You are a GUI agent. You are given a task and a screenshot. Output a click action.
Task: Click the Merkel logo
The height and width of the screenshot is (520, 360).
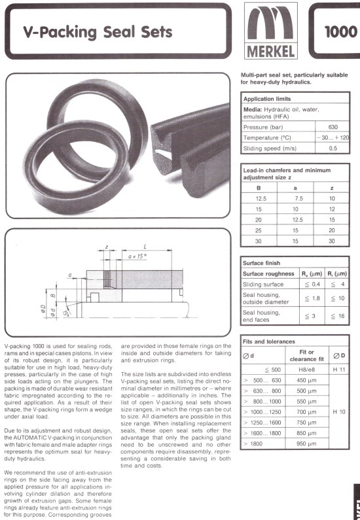tap(271, 31)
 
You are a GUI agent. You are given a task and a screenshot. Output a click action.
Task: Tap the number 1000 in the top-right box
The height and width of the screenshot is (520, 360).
tap(341, 32)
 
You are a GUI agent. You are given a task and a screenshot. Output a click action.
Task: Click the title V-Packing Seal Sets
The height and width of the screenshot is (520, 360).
tap(98, 32)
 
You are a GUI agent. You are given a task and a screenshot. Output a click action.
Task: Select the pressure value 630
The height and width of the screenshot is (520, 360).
tap(333, 127)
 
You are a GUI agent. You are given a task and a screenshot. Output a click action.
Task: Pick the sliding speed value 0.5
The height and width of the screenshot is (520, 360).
tap(333, 148)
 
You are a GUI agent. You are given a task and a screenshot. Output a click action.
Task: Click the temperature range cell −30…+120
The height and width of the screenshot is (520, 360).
tap(333, 137)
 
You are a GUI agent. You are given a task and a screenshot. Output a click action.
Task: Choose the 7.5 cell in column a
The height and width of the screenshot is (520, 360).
tap(295, 199)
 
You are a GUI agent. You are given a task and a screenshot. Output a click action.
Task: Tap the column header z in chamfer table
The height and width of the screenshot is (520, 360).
tap(331, 188)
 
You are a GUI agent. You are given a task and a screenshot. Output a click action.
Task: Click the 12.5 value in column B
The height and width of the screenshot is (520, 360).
tap(259, 199)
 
